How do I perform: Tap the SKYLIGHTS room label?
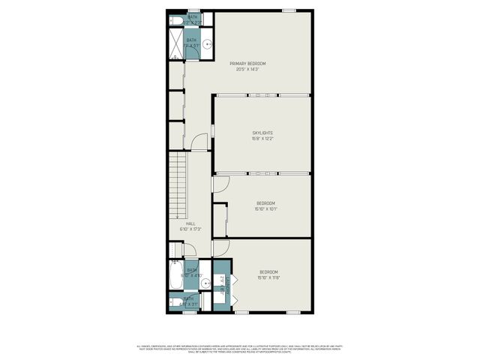(x=262, y=133)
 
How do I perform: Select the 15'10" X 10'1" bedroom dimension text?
(x=265, y=209)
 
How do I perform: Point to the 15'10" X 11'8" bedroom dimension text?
(x=268, y=277)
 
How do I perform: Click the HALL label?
(x=191, y=223)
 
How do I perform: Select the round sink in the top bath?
(x=207, y=44)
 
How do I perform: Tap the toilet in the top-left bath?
(x=173, y=20)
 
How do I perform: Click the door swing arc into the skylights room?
(x=199, y=140)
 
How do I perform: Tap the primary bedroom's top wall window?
(x=289, y=10)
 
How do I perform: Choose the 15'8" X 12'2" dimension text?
(x=262, y=139)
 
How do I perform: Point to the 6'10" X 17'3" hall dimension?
(x=191, y=229)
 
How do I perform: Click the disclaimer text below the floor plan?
(x=240, y=348)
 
